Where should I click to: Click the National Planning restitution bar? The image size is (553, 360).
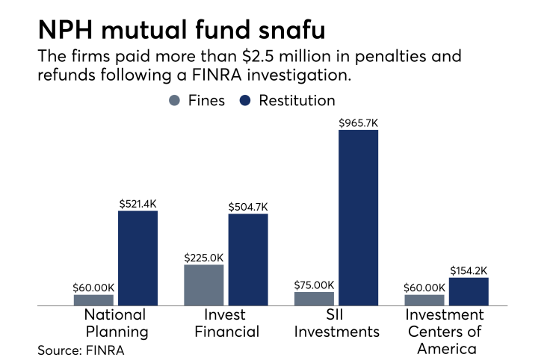point(138,258)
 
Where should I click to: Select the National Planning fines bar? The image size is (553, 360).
point(93,300)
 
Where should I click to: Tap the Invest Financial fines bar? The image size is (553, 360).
point(204,285)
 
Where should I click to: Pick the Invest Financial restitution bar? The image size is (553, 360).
point(248,260)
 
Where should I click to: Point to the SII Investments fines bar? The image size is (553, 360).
point(315,298)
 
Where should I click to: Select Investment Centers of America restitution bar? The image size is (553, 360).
point(469,291)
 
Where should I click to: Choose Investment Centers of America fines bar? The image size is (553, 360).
point(424,300)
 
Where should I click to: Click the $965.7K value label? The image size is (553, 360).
point(359,121)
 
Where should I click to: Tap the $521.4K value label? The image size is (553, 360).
point(138,202)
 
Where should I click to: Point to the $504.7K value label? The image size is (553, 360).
point(248,205)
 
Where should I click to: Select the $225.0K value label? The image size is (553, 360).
point(204,256)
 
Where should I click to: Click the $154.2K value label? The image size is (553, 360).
point(469,270)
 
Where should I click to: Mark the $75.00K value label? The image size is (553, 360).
point(315,284)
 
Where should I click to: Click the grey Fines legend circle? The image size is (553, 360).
point(175,101)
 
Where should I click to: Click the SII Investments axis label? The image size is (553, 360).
point(336,323)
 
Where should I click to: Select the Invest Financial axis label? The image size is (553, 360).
point(226,323)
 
